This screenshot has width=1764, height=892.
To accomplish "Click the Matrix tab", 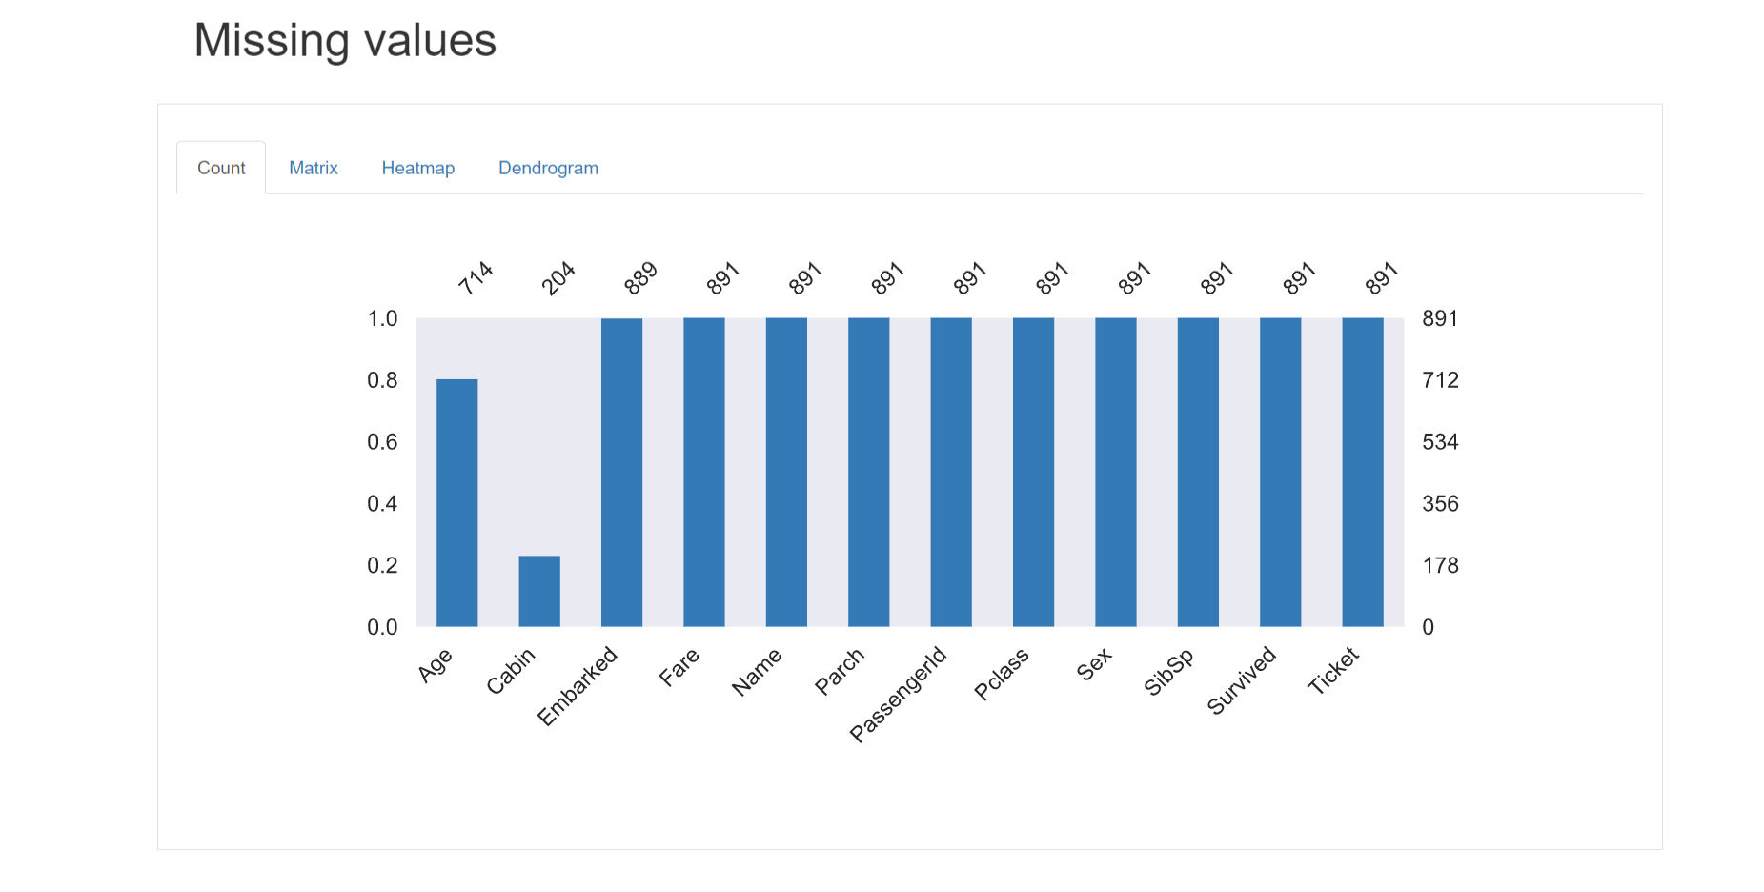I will [x=314, y=168].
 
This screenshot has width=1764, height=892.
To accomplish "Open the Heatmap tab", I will [x=418, y=168].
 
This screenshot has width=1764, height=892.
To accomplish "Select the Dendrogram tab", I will [x=548, y=168].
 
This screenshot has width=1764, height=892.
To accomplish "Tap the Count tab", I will [x=221, y=168].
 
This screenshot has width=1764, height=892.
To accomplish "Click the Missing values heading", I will [x=345, y=41].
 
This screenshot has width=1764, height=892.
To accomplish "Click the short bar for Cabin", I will [x=539, y=591].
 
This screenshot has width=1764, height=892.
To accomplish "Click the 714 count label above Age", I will [x=475, y=277].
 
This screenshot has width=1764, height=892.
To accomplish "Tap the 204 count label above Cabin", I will [x=558, y=277].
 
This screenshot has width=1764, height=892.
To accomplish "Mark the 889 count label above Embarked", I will [x=640, y=277].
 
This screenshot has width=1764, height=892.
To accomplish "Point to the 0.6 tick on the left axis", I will [x=382, y=442].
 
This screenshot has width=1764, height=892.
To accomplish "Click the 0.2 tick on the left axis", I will [x=382, y=565].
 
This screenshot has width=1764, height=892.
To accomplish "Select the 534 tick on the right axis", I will [x=1440, y=442].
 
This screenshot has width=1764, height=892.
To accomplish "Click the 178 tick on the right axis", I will [x=1440, y=565].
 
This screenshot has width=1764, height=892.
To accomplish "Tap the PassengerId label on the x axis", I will [x=899, y=693].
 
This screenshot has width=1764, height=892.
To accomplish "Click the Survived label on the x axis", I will [x=1241, y=679].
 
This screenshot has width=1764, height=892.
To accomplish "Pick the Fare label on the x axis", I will [x=679, y=667].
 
